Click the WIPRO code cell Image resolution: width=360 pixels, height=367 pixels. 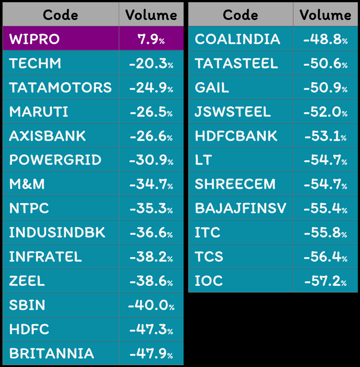click(34, 39)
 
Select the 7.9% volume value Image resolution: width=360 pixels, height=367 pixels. click(151, 39)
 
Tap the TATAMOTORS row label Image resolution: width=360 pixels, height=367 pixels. click(61, 87)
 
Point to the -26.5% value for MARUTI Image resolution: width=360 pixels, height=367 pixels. click(151, 112)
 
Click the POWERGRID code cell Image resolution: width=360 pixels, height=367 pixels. click(55, 160)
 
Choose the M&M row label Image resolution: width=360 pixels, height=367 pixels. click(27, 184)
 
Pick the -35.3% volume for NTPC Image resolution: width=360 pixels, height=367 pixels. click(151, 208)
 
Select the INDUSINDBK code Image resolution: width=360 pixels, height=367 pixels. click(57, 233)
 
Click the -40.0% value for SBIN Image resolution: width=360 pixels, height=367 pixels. click(151, 305)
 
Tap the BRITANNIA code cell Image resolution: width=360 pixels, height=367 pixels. click(52, 354)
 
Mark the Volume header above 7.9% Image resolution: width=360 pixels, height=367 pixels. click(151, 15)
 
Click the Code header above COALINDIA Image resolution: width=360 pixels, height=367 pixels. click(241, 15)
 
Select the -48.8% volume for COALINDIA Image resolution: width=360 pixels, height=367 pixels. click(325, 39)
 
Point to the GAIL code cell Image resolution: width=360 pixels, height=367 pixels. click(212, 87)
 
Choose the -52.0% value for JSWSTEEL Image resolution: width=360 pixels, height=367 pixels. click(325, 112)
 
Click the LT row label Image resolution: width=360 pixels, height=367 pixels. click(204, 160)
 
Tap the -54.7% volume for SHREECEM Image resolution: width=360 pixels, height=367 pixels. click(325, 184)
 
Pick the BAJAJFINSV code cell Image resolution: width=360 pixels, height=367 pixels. click(241, 208)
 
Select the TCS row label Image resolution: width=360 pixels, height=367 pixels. click(209, 257)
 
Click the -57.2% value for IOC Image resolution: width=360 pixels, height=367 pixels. click(325, 281)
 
